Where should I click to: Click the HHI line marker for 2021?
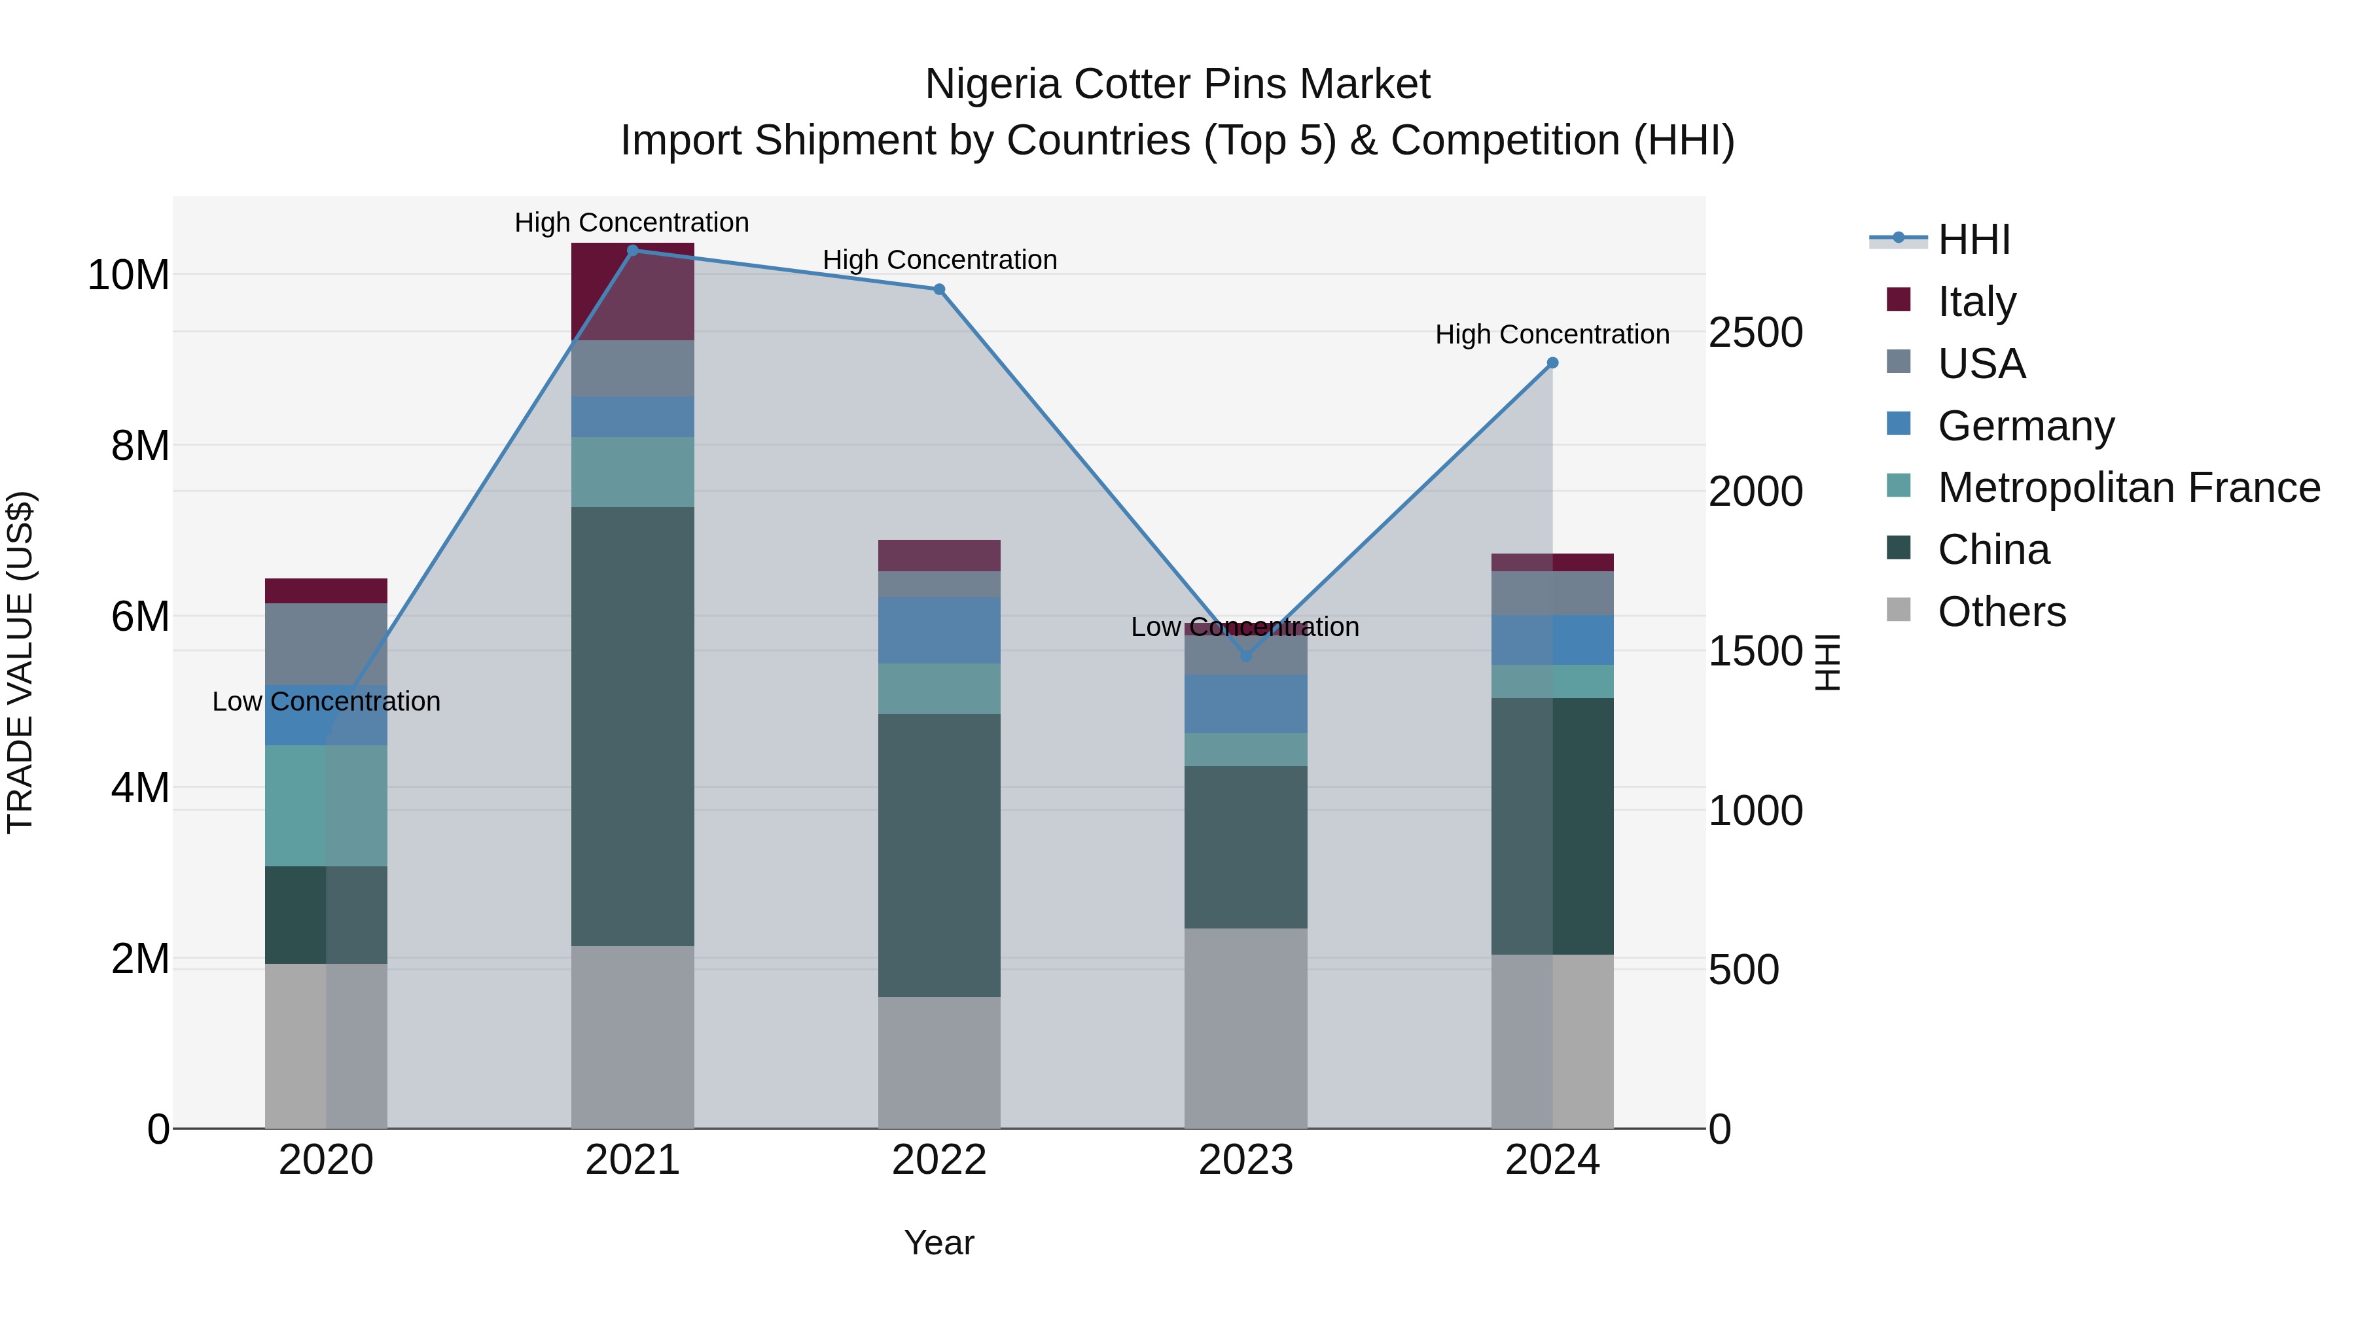[x=632, y=251]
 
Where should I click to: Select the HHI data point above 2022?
[x=939, y=290]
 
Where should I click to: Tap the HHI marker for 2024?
[x=1552, y=363]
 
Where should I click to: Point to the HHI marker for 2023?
[x=1245, y=656]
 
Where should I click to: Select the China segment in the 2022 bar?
[x=939, y=855]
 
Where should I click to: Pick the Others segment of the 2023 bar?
[x=1245, y=1028]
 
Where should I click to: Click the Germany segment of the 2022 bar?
[x=939, y=630]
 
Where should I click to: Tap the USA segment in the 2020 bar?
[x=327, y=644]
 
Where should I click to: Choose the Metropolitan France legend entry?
[x=2128, y=487]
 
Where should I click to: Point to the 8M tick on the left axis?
[x=140, y=446]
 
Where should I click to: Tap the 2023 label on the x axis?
[x=1245, y=1160]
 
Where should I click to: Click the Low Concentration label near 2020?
[x=327, y=701]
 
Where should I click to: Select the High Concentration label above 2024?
[x=1552, y=334]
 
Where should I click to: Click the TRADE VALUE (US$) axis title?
[x=20, y=662]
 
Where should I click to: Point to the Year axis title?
[x=939, y=1243]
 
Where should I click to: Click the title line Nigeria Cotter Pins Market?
[x=1177, y=84]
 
